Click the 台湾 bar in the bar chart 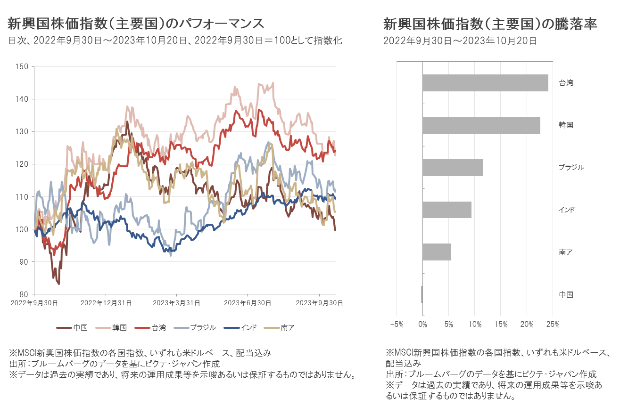coord(485,83)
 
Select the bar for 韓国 coord(481,125)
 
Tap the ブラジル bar coord(453,168)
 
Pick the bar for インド coord(447,210)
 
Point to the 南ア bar coord(437,252)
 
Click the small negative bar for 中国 coord(422,294)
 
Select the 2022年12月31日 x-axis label coord(106,303)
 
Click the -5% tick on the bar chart coord(397,325)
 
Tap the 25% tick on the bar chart coord(553,325)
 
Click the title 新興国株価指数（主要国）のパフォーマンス coord(136,24)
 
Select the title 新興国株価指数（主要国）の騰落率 coord(490,24)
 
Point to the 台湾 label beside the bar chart coord(566,83)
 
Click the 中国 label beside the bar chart coord(566,294)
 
